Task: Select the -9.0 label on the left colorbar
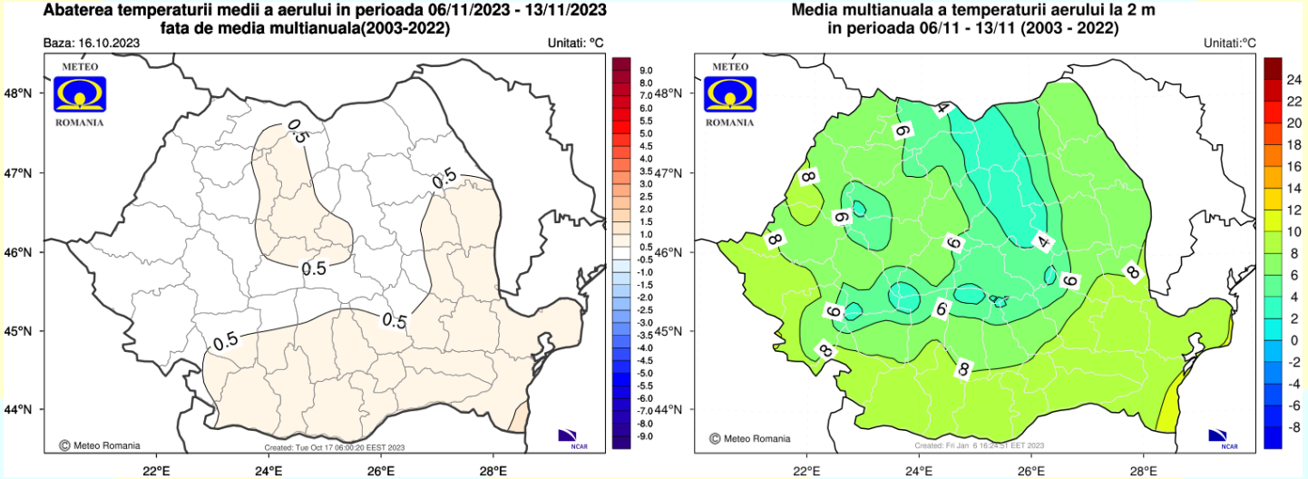coord(646,436)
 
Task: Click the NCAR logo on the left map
coord(569,436)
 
